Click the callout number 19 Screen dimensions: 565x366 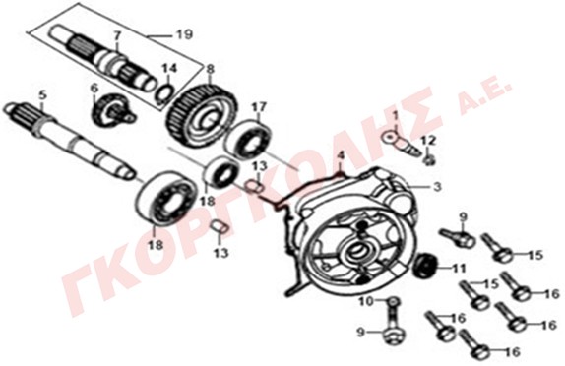(x=184, y=34)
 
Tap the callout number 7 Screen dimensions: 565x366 (x=116, y=36)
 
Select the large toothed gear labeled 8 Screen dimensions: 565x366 (x=203, y=116)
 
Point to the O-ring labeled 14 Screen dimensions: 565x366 (x=163, y=92)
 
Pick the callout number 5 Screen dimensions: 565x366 (x=42, y=95)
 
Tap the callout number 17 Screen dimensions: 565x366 (x=259, y=107)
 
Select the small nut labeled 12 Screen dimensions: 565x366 (x=429, y=160)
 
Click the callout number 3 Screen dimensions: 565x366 (x=437, y=187)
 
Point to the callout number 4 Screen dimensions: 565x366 (x=341, y=155)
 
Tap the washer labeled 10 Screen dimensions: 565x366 (x=394, y=301)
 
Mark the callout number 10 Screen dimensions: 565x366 (x=367, y=301)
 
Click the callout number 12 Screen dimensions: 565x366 (x=428, y=141)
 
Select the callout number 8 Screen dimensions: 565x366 (x=210, y=69)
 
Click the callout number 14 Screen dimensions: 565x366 (x=169, y=68)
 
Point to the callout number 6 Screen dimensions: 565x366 (x=94, y=88)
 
